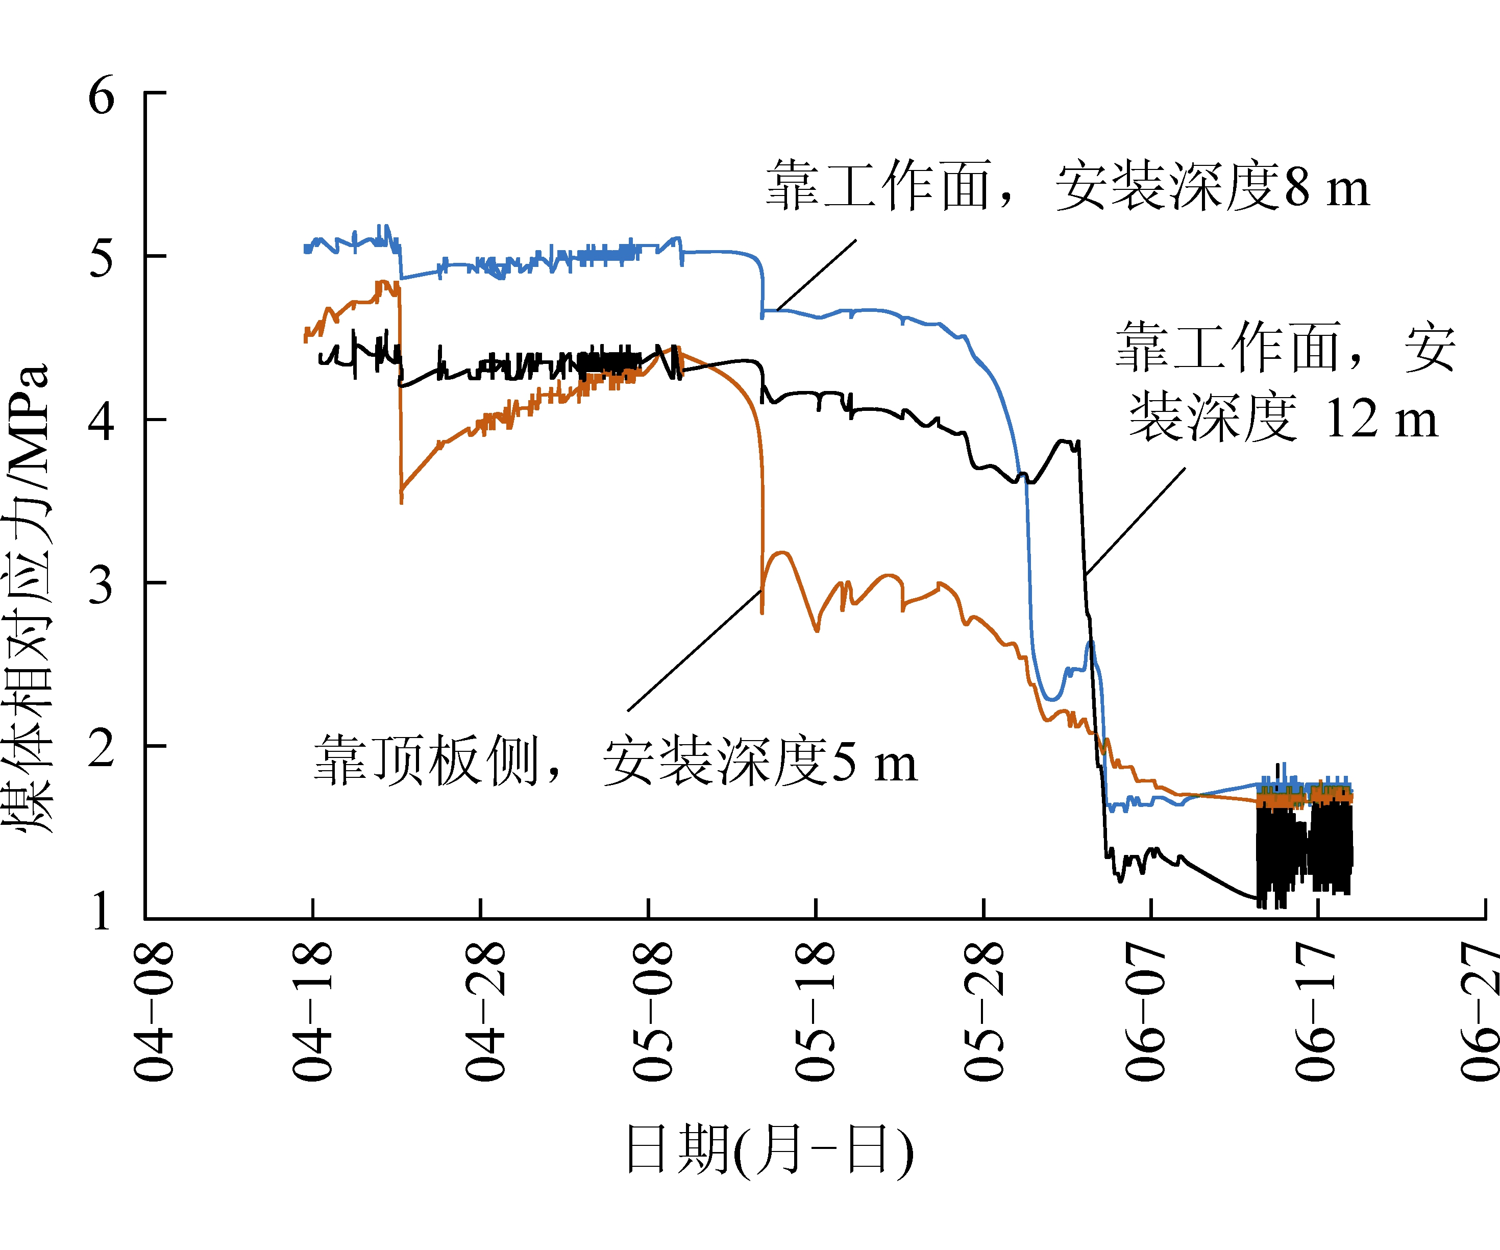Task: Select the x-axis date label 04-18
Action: tap(312, 1011)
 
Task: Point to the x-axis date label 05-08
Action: tap(652, 1011)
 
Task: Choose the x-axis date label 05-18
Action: tap(815, 1011)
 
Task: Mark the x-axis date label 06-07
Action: tap(1145, 1011)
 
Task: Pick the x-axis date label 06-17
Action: tap(1315, 1011)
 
